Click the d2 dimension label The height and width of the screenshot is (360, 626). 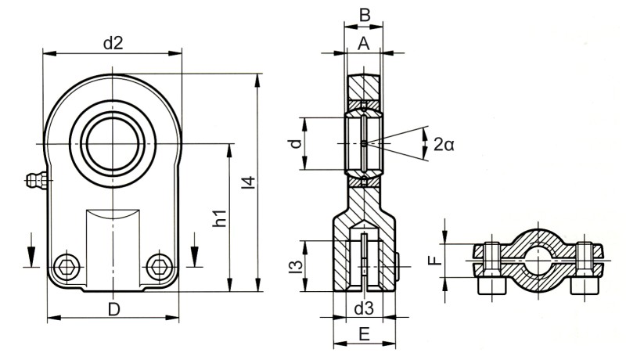113,44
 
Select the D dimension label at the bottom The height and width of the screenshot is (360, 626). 113,309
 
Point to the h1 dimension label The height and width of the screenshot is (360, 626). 220,219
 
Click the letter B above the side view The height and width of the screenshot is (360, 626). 364,13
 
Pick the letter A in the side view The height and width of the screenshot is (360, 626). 363,45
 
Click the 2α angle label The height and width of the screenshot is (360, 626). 444,143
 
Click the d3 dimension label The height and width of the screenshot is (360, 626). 363,309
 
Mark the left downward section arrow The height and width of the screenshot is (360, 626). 31,250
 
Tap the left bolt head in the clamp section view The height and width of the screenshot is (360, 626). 491,286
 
